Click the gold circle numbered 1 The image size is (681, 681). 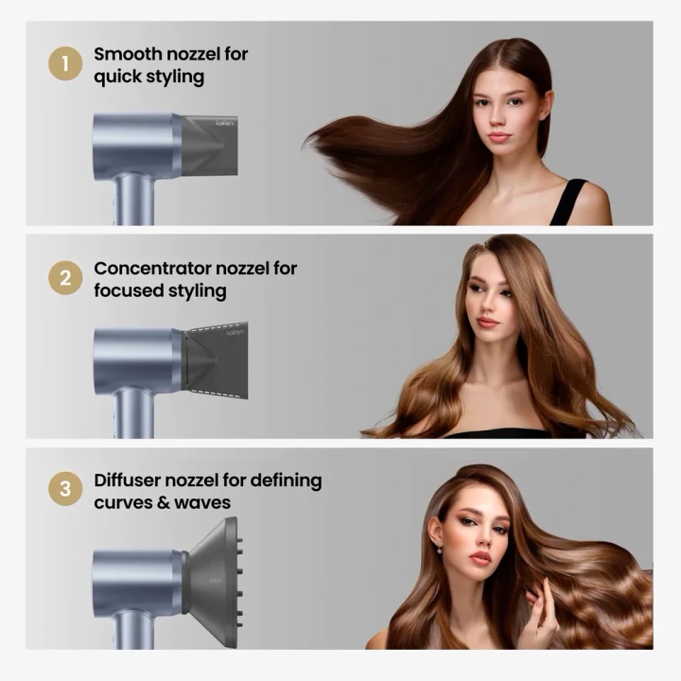[x=65, y=63]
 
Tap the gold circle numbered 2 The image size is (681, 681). [x=65, y=278]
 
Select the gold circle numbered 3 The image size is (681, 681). [x=65, y=489]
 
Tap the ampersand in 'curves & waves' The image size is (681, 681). [x=164, y=503]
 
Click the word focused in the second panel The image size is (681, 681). [x=128, y=291]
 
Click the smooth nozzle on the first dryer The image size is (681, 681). [x=208, y=146]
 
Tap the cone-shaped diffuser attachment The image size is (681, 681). [x=213, y=582]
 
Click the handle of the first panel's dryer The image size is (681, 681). [x=133, y=199]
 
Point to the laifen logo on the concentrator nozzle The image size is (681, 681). [x=235, y=333]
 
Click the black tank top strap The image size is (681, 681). [x=568, y=202]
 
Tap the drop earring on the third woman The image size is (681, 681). [x=439, y=549]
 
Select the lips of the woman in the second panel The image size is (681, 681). [x=487, y=323]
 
